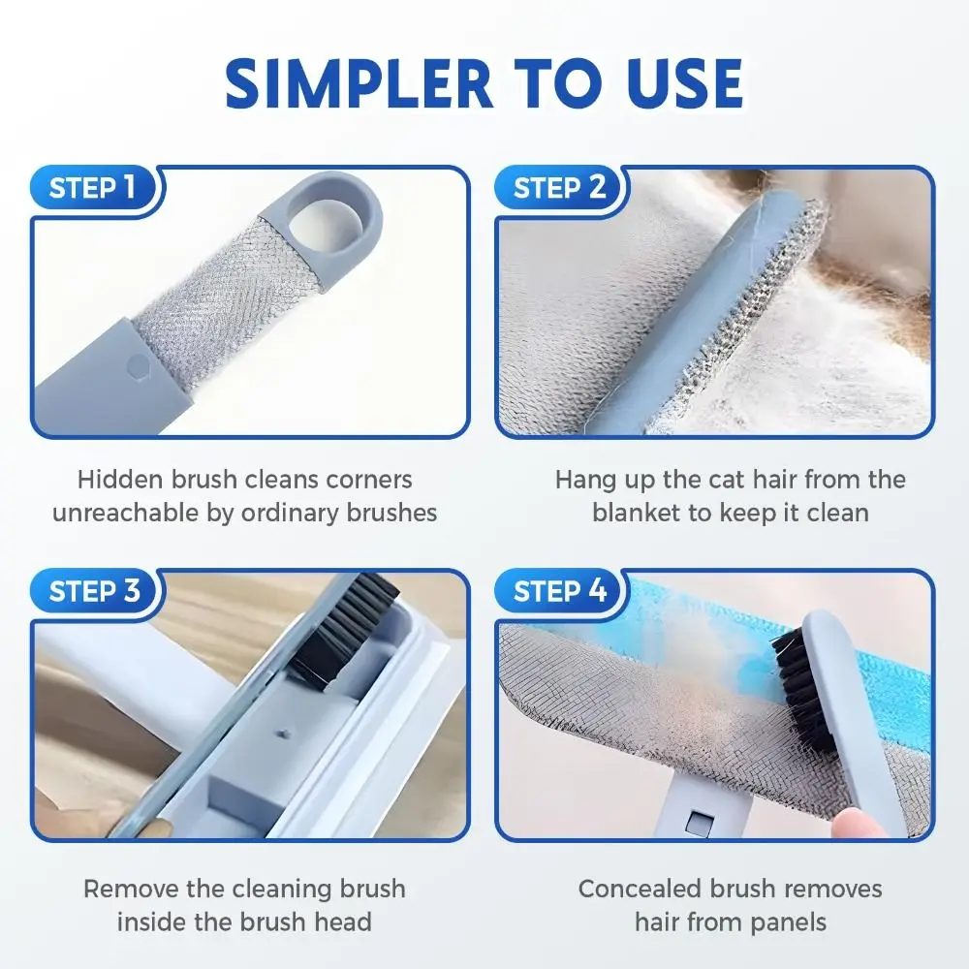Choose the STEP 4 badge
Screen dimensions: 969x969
pos(559,590)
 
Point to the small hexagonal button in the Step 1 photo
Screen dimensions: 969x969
pos(139,367)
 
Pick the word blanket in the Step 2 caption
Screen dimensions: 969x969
pos(637,513)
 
